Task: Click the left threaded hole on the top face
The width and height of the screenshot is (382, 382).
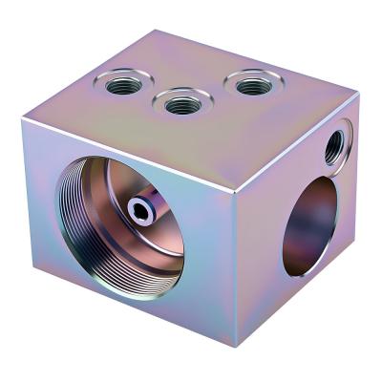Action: (x=123, y=85)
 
